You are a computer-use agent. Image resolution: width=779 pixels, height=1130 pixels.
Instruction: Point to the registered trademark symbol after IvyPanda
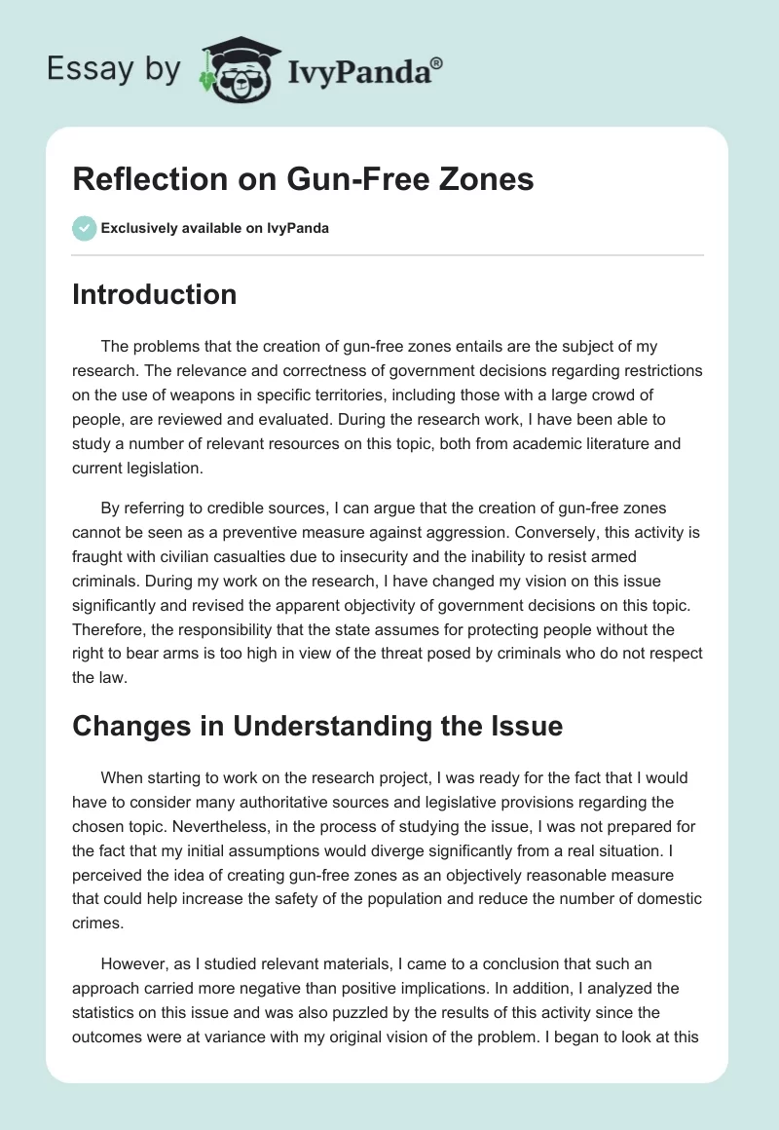click(x=437, y=61)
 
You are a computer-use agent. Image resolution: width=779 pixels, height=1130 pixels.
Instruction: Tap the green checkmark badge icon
click(x=84, y=228)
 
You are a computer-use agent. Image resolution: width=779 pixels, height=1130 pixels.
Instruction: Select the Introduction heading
click(x=154, y=294)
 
